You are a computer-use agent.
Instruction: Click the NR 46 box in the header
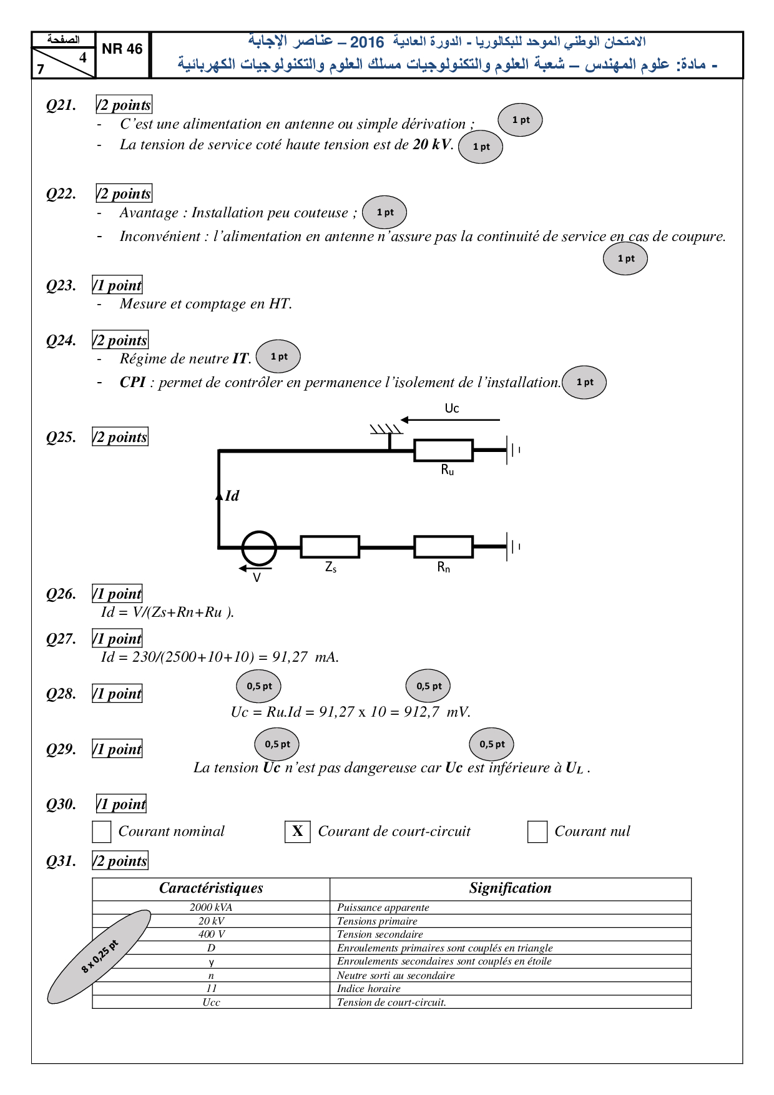click(x=122, y=49)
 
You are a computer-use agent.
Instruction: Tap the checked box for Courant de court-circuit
click(x=298, y=832)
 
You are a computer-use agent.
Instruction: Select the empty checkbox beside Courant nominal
click(x=102, y=832)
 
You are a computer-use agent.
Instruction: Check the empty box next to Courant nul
click(x=537, y=832)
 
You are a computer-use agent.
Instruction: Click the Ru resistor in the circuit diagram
click(x=444, y=450)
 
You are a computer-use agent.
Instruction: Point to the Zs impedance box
click(x=330, y=547)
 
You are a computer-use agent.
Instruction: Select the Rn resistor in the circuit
click(x=444, y=547)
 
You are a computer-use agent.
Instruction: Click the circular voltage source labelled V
click(x=259, y=547)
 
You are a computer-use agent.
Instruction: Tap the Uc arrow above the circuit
click(x=450, y=420)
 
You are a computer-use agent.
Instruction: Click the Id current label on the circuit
click(x=232, y=496)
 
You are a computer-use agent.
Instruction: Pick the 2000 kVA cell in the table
click(x=211, y=907)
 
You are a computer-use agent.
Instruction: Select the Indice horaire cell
click(x=369, y=988)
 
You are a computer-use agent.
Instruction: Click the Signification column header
click(x=510, y=888)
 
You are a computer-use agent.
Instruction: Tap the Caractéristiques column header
click(x=211, y=888)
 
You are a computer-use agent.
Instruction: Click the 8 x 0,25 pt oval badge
click(x=99, y=957)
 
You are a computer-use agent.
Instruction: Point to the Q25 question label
click(x=61, y=437)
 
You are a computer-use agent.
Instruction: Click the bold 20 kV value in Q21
click(x=431, y=144)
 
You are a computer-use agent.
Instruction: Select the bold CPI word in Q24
click(x=132, y=382)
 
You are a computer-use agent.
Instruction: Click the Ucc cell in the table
click(x=211, y=1002)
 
